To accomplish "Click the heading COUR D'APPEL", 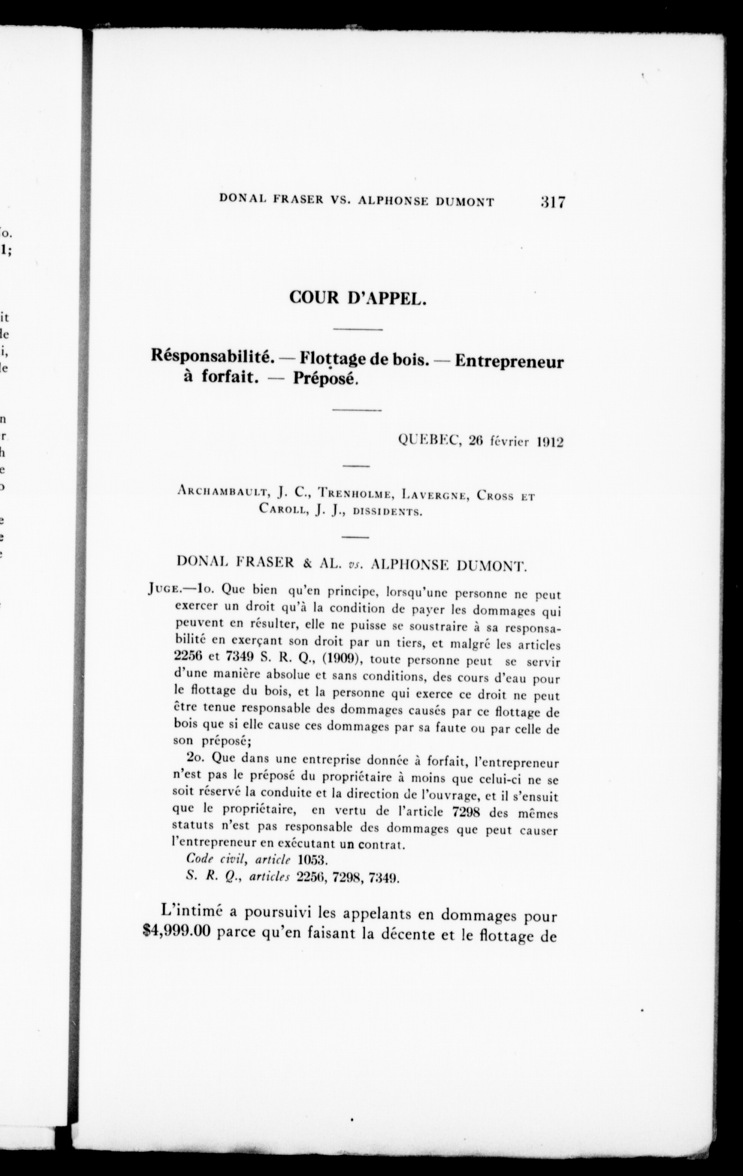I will tap(358, 297).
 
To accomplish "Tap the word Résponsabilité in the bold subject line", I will tap(211, 357).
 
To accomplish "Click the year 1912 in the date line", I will tap(550, 441).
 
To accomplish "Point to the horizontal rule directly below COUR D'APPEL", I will tap(358, 330).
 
